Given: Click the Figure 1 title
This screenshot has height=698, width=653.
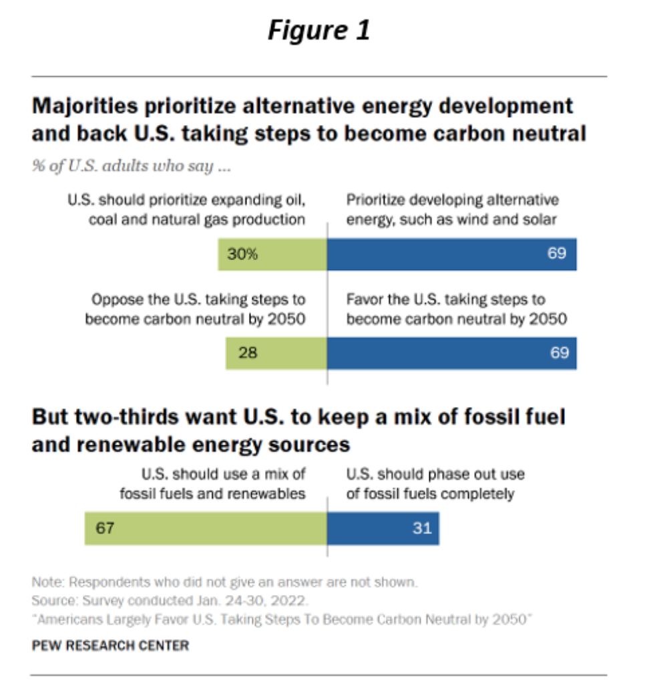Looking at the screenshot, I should click(x=318, y=31).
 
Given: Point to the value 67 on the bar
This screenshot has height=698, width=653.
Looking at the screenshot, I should click(x=105, y=529).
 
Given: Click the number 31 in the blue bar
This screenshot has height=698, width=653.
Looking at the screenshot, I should click(x=421, y=529).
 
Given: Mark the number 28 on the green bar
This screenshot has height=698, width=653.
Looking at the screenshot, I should click(x=248, y=353).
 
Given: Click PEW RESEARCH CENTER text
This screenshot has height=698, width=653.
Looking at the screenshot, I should click(x=110, y=645).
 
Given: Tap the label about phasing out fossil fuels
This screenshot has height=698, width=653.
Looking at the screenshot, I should click(x=435, y=484).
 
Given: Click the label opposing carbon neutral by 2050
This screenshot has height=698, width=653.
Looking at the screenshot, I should click(x=195, y=309).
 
